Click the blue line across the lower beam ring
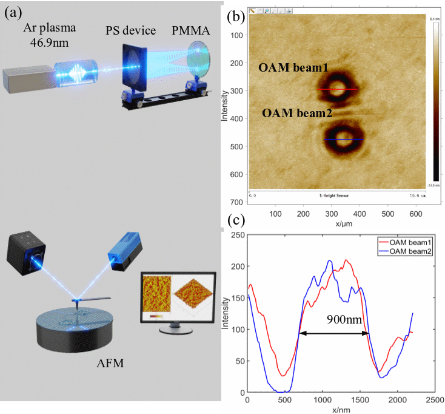tap(343, 140)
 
